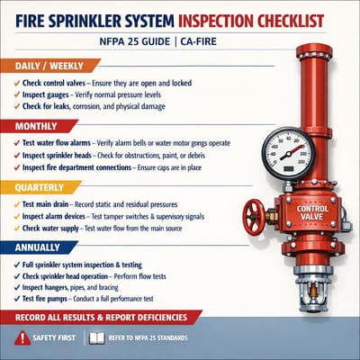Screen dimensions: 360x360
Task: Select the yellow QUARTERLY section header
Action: [x=40, y=188]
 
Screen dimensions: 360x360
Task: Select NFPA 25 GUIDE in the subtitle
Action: [x=148, y=41]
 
